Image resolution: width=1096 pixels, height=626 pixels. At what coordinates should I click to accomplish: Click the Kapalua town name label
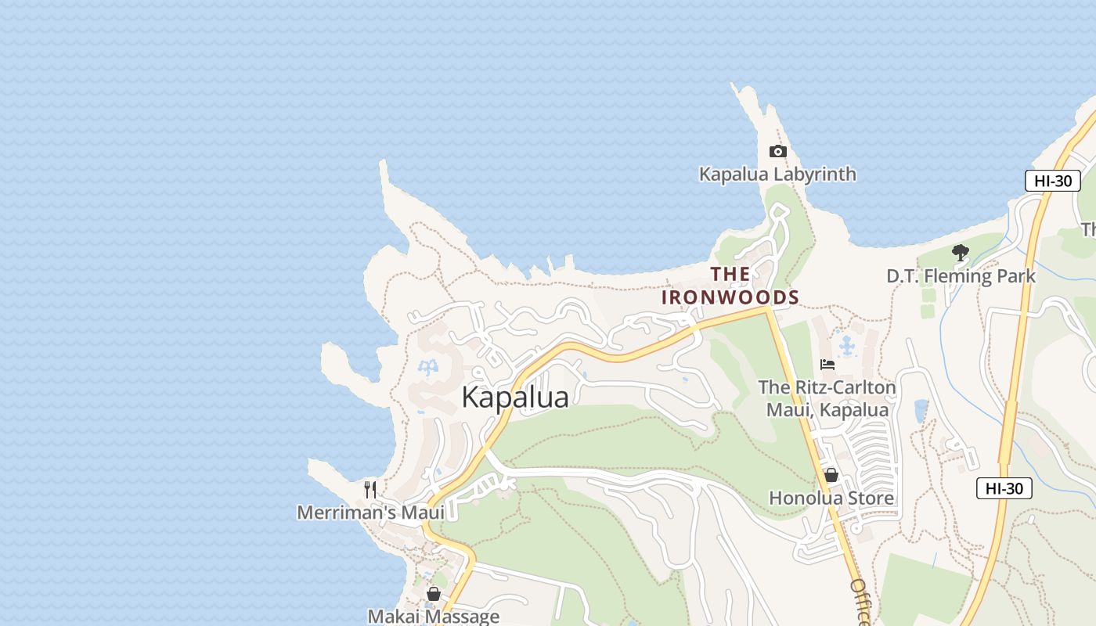[x=514, y=397]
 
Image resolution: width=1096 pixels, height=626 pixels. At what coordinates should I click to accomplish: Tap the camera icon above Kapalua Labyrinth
[x=777, y=151]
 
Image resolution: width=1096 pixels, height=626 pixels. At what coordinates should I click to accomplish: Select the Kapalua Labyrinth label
[x=777, y=174]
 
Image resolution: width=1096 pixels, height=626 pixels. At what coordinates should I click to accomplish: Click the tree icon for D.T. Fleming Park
[x=961, y=253]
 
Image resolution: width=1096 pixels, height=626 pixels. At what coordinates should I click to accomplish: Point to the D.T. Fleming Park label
[x=961, y=276]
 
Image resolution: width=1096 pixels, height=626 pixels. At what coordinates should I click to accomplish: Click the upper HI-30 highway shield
[x=1052, y=181]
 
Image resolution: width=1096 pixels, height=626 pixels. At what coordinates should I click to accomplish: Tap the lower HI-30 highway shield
[x=1004, y=488]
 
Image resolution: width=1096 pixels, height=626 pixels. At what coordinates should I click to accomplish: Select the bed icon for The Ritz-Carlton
[x=827, y=364]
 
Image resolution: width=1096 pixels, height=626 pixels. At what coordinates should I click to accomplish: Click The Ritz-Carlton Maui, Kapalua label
[x=827, y=398]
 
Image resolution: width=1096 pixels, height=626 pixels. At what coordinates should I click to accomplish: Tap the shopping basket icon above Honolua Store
[x=831, y=475]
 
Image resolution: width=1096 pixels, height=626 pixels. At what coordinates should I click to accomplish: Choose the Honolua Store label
[x=831, y=498]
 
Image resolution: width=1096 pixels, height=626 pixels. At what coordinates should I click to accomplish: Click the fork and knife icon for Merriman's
[x=370, y=490]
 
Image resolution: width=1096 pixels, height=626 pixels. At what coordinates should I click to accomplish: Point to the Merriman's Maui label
[x=370, y=513]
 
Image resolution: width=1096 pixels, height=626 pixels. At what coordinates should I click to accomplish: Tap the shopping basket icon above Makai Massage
[x=433, y=595]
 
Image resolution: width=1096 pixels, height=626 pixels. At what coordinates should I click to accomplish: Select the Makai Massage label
[x=433, y=616]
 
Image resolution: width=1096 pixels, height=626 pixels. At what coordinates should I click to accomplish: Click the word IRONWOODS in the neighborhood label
[x=730, y=297]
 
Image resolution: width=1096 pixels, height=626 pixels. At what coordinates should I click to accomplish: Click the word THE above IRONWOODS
[x=730, y=274]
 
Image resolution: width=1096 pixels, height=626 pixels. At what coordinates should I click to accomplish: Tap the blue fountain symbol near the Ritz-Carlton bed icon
[x=846, y=344]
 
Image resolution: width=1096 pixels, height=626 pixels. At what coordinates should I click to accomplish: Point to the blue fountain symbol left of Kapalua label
[x=428, y=367]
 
